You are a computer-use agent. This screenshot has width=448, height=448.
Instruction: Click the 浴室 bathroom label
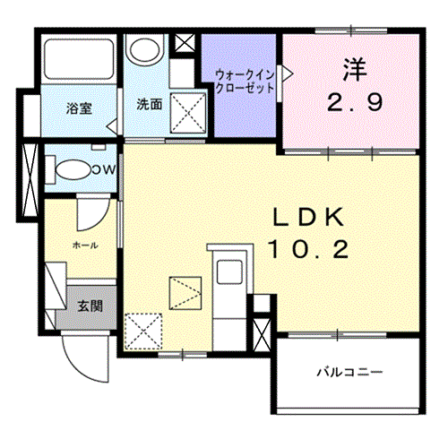click(x=79, y=108)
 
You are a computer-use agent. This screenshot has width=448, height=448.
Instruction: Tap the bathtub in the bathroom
click(x=79, y=59)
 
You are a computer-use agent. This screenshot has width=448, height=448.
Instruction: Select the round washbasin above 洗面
click(x=145, y=50)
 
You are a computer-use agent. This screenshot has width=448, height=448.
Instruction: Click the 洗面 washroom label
click(x=150, y=104)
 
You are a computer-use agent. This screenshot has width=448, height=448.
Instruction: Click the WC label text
click(x=104, y=170)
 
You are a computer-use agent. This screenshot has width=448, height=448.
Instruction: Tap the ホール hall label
click(x=85, y=246)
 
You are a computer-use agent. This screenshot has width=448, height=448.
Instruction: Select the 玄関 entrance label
click(x=90, y=306)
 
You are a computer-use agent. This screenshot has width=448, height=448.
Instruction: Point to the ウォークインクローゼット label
click(x=245, y=82)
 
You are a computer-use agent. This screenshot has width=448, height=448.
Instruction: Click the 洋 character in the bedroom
click(x=355, y=69)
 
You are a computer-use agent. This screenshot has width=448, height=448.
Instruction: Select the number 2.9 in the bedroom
click(x=355, y=102)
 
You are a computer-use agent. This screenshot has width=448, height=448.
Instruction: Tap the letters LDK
click(x=308, y=217)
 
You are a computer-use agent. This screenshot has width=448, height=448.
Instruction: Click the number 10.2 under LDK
click(x=308, y=250)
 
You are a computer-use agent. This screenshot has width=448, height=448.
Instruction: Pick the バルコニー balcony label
click(x=349, y=372)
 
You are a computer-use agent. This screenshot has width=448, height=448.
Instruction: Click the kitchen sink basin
click(x=229, y=271)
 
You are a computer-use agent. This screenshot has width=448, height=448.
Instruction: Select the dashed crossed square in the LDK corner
click(x=143, y=332)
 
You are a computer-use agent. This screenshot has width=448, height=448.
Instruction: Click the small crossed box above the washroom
click(x=185, y=43)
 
